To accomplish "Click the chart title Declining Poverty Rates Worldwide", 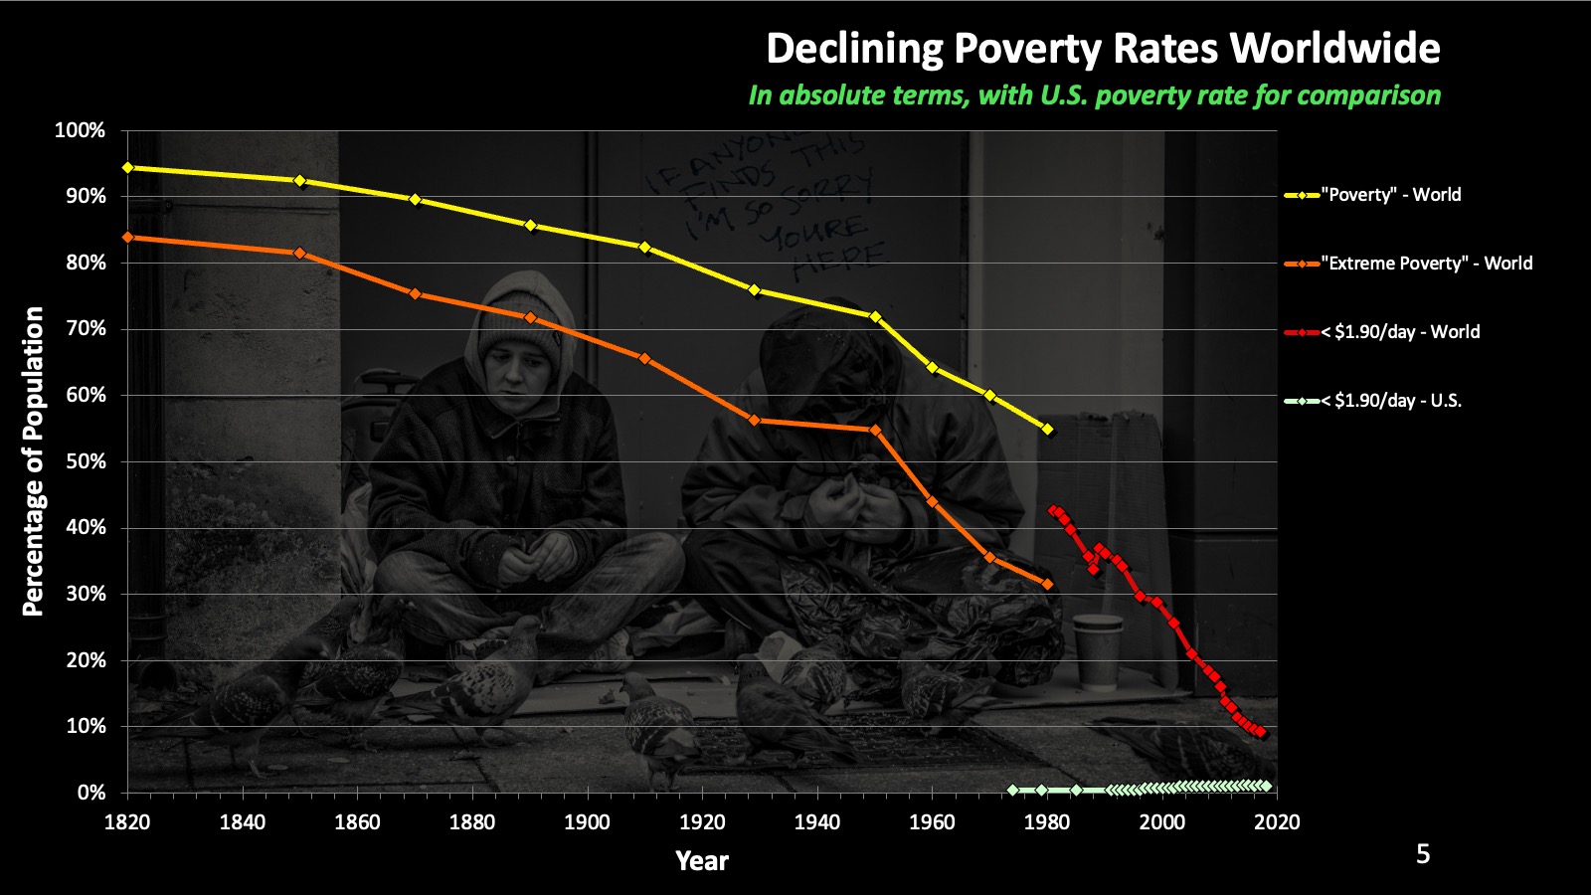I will pyautogui.click(x=1103, y=49).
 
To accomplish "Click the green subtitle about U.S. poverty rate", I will pyautogui.click(x=1094, y=95).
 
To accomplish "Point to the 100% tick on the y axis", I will pyautogui.click(x=80, y=130).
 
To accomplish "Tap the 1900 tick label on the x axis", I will pyautogui.click(x=587, y=822).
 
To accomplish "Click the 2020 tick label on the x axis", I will pyautogui.click(x=1277, y=822).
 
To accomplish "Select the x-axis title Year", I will pyautogui.click(x=701, y=861).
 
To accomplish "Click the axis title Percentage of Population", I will pyautogui.click(x=33, y=460).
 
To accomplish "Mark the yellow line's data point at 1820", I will pyautogui.click(x=127, y=167).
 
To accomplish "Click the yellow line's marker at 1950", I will pyautogui.click(x=875, y=316).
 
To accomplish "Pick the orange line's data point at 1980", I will pyautogui.click(x=1047, y=584).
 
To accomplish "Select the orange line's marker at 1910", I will pyautogui.click(x=644, y=358).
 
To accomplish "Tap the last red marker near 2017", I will pyautogui.click(x=1261, y=733).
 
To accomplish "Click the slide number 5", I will pyautogui.click(x=1422, y=854).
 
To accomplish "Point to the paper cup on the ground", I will pyautogui.click(x=1097, y=651).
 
